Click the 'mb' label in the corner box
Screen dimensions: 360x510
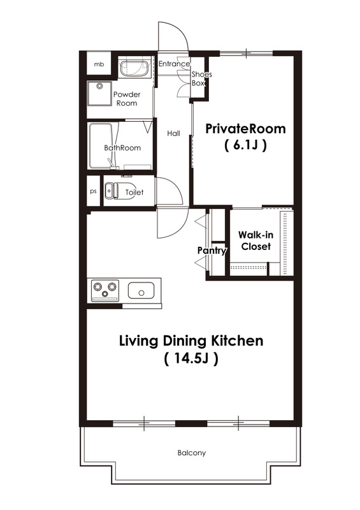(x=99, y=64)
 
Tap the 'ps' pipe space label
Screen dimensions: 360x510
(x=93, y=191)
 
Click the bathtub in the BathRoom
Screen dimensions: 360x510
(x=101, y=146)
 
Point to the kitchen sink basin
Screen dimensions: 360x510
(x=141, y=291)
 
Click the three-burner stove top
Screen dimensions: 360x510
(x=105, y=289)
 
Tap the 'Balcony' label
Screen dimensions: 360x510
(x=192, y=453)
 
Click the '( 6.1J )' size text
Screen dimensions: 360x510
(x=245, y=145)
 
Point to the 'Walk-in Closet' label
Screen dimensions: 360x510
(x=256, y=241)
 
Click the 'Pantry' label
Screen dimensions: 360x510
(x=212, y=251)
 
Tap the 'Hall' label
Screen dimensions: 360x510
(x=174, y=133)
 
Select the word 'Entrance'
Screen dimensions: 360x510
(x=174, y=64)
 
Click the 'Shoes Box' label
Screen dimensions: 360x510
(x=201, y=78)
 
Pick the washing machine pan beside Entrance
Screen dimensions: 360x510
(x=134, y=68)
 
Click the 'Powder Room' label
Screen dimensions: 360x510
(x=127, y=99)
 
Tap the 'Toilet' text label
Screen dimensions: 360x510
(x=134, y=193)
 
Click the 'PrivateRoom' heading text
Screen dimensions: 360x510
(x=245, y=129)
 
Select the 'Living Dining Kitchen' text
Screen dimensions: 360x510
(x=191, y=341)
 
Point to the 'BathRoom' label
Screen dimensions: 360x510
(x=122, y=148)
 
